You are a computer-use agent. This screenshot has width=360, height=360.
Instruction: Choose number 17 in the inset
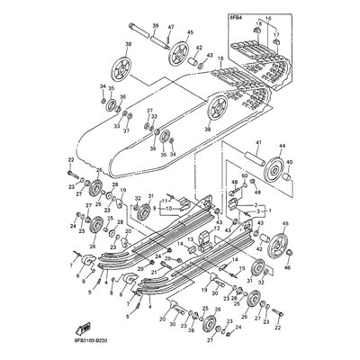coord(276,35)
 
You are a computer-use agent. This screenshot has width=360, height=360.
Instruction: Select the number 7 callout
coord(72,266)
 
